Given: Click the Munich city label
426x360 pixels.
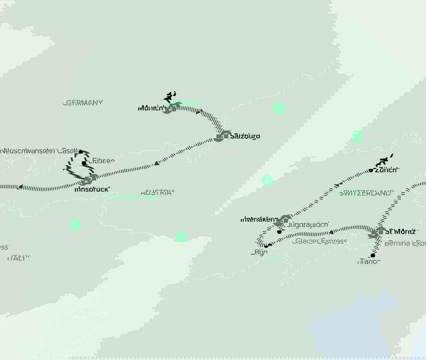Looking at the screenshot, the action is click(x=151, y=108).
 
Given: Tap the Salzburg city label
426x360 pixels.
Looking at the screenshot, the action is click(x=245, y=136).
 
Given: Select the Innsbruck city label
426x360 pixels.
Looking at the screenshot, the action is click(x=92, y=189).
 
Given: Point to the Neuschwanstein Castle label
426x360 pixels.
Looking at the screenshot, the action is click(x=36, y=151).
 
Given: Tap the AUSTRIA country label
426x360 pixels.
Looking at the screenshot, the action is click(x=157, y=193).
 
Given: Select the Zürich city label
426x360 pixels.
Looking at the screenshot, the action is click(x=387, y=170).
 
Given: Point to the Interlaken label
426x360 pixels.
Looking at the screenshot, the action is click(x=259, y=219).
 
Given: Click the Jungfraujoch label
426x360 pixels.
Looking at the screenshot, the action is click(x=307, y=224).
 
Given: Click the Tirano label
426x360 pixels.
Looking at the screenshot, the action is click(x=369, y=262).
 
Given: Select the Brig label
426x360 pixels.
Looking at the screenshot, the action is click(x=259, y=252).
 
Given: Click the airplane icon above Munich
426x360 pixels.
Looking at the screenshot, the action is click(x=169, y=96).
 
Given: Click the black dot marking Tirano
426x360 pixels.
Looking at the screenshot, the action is click(x=372, y=255).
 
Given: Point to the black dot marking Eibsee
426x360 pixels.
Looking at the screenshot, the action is click(x=84, y=163).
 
